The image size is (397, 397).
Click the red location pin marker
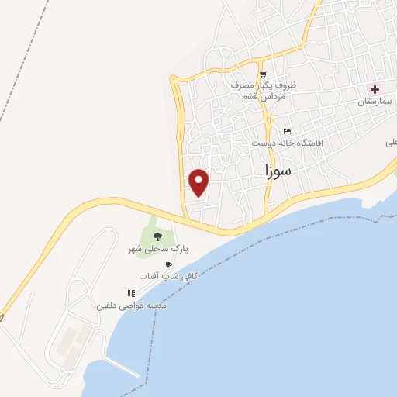tap(199, 181)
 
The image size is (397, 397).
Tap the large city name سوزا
tap(277, 170)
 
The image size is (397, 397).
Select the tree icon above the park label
tap(157, 236)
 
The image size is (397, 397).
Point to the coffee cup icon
tap(168, 264)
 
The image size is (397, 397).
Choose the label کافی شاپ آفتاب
tap(168, 276)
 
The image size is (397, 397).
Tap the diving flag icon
tap(131, 293)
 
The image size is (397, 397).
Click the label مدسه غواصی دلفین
tap(131, 306)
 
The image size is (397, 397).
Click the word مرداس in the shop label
tap(274, 96)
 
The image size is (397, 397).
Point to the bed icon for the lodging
tap(288, 131)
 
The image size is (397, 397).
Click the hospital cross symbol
tap(375, 89)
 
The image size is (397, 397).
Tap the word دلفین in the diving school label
tap(107, 306)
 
